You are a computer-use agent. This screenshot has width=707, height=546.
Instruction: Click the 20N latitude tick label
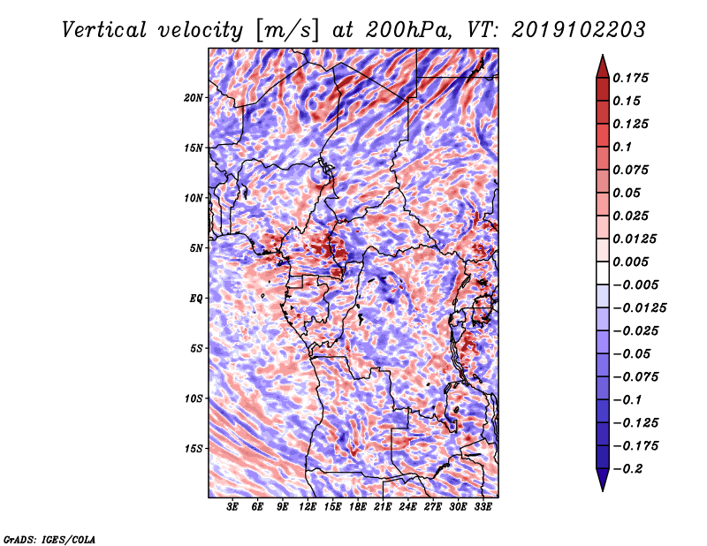(194, 97)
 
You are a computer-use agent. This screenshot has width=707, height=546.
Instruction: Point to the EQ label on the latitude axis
(196, 298)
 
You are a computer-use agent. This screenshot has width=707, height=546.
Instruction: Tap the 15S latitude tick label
(194, 448)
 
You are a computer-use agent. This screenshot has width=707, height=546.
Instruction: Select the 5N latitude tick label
(196, 247)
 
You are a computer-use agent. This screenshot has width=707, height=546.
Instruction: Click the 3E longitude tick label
(233, 507)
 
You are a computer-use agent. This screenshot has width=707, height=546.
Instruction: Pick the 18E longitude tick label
(358, 507)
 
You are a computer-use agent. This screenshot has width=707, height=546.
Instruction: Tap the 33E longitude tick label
(483, 507)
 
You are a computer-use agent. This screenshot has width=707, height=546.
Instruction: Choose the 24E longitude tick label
(408, 507)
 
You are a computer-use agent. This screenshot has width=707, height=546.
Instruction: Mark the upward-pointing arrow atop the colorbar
(602, 64)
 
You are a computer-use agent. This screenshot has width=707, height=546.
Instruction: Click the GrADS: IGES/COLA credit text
(49, 538)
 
